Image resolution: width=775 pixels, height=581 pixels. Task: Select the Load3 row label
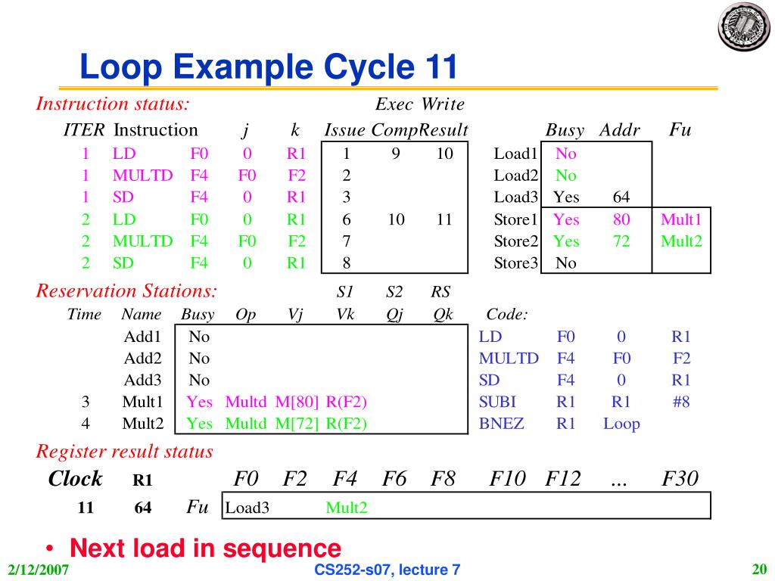tap(515, 197)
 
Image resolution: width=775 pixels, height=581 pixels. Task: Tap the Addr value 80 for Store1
tap(621, 219)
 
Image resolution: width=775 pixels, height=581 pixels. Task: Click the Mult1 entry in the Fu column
tap(681, 219)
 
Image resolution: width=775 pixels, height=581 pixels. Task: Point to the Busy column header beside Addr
tap(565, 130)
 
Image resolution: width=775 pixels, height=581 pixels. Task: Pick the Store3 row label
tap(515, 263)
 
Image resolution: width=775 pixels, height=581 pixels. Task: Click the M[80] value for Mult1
tap(297, 402)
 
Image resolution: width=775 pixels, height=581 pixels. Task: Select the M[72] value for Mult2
tap(297, 424)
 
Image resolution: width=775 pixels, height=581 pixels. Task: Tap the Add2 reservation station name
tap(140, 358)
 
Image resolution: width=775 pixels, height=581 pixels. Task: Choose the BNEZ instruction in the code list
tap(501, 424)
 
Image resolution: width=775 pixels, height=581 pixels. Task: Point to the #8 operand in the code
tap(680, 402)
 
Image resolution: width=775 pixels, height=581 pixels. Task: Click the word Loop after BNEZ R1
tap(621, 424)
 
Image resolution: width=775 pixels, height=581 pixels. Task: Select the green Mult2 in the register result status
tap(347, 508)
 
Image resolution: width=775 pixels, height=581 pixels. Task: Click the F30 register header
tap(680, 479)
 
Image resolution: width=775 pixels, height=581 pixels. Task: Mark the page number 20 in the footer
tap(759, 569)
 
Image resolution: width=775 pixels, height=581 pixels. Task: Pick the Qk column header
tap(444, 315)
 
